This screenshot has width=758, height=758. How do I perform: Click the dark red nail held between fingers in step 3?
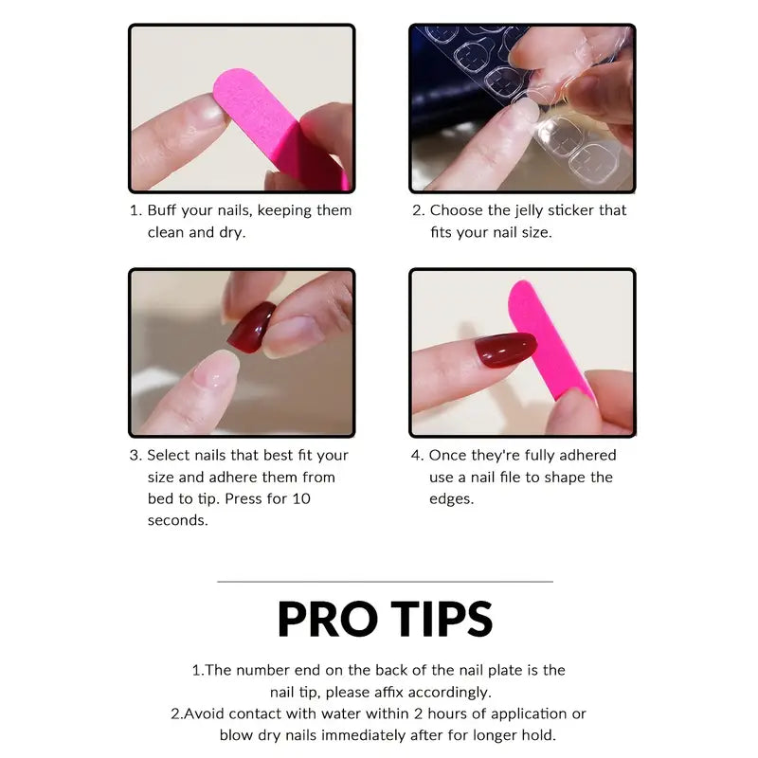point(251,328)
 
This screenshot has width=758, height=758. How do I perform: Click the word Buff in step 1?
point(164,210)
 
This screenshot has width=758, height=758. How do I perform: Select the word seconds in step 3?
point(177,520)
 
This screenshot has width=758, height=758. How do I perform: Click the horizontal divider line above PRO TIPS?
point(385,581)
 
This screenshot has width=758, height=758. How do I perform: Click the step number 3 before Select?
point(135,455)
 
